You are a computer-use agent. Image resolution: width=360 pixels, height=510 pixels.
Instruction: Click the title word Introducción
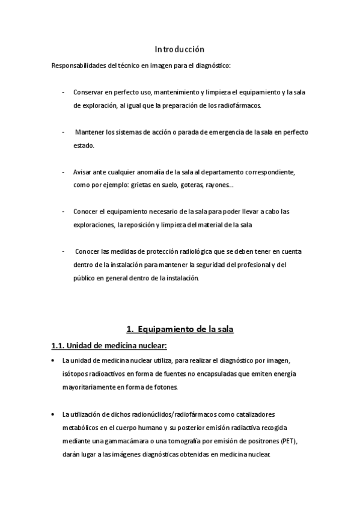click(180, 49)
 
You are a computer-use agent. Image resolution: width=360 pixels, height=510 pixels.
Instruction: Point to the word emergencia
click(222, 132)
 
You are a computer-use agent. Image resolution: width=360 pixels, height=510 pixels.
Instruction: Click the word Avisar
click(82, 172)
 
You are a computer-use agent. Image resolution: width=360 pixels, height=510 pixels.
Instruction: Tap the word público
click(85, 278)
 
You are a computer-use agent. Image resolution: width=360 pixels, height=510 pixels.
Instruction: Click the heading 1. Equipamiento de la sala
click(180, 329)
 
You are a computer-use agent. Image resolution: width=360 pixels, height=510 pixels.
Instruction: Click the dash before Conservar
click(64, 93)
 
